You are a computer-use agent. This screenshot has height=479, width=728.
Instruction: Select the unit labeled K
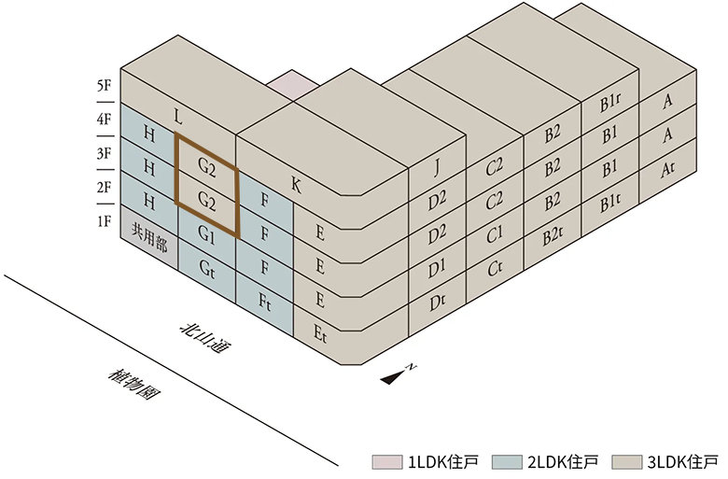point(296,185)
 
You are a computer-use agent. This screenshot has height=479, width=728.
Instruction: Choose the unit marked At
point(667,170)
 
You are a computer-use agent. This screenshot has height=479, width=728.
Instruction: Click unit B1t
point(611,200)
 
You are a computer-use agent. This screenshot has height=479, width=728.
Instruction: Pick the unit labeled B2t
point(553,236)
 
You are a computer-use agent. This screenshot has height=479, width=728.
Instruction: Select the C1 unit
point(495,236)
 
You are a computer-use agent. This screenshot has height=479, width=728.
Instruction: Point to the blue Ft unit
point(265,302)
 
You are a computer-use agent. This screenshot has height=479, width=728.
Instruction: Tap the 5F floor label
point(104,86)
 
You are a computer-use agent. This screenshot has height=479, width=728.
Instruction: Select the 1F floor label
point(104,221)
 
